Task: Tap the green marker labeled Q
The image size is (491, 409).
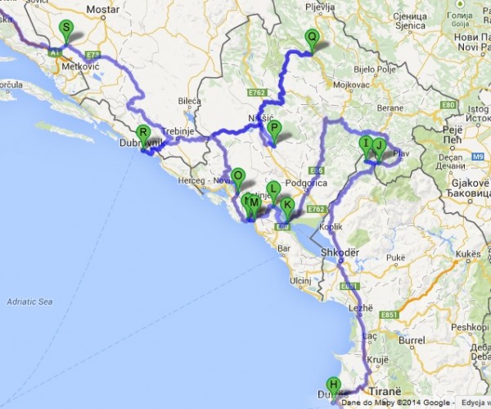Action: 311,38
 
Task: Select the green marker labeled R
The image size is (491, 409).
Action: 142,134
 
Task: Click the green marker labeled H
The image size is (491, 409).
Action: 333,384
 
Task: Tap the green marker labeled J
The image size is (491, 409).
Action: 378,147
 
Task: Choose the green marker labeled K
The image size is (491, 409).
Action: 287,206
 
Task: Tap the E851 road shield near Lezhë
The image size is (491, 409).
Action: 349,286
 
